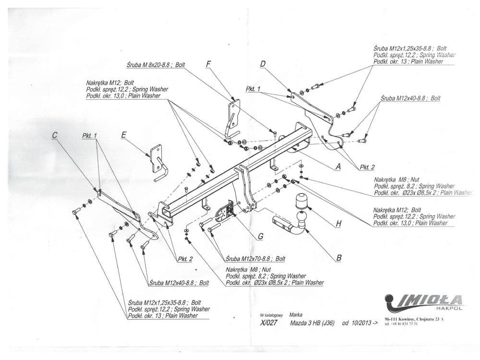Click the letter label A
click(338, 167)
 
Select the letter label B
click(339, 258)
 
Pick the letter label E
click(124, 135)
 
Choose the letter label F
click(208, 64)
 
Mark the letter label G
click(260, 236)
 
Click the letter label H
click(339, 224)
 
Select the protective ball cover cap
click(302, 201)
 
